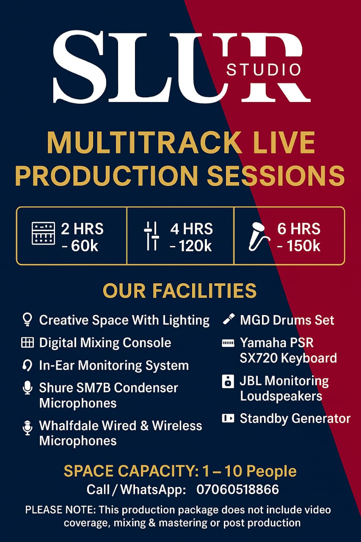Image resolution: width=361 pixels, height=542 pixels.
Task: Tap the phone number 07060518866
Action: (x=237, y=490)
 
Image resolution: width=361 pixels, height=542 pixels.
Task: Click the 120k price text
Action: (x=191, y=245)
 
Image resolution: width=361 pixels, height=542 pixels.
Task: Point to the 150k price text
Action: (x=298, y=245)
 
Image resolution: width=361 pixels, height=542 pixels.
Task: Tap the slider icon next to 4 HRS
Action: (x=151, y=235)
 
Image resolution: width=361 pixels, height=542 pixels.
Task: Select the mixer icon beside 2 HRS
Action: (x=43, y=233)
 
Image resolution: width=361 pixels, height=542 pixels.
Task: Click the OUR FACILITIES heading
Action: (x=180, y=291)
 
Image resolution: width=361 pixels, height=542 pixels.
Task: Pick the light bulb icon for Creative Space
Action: (x=27, y=320)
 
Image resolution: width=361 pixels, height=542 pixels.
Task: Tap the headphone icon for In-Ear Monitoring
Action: (x=27, y=365)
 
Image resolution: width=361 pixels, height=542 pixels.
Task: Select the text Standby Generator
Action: (x=295, y=419)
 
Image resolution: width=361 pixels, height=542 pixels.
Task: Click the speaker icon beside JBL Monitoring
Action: (x=228, y=382)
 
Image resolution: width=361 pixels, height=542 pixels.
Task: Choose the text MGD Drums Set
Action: (x=287, y=320)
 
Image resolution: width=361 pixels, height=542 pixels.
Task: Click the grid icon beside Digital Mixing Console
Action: (x=27, y=343)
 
